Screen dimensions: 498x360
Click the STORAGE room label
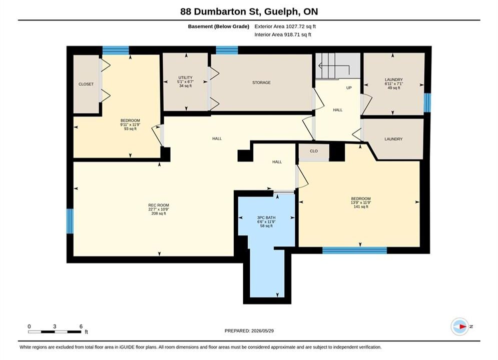[261, 82]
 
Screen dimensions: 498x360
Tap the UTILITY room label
[185, 77]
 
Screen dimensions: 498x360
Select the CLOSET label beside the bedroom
[86, 84]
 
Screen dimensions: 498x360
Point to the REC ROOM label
[159, 205]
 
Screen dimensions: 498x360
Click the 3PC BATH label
[266, 217]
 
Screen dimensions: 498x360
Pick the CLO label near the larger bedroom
[314, 151]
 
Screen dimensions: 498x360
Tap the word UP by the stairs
[349, 88]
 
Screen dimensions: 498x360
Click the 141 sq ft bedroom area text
[361, 207]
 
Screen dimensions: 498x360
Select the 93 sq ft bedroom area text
[130, 129]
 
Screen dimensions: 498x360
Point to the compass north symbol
[460, 326]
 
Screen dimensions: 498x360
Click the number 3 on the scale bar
[55, 326]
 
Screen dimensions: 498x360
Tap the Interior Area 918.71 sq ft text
[283, 34]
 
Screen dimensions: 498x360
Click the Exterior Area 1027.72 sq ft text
[285, 26]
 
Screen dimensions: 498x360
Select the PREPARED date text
[249, 331]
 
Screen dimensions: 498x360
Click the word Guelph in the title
[281, 11]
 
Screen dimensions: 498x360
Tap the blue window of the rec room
[70, 221]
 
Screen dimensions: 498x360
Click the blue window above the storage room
[227, 50]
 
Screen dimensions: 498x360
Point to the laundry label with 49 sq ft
[394, 83]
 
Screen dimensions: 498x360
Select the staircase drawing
[337, 65]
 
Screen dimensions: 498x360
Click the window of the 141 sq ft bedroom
[355, 250]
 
